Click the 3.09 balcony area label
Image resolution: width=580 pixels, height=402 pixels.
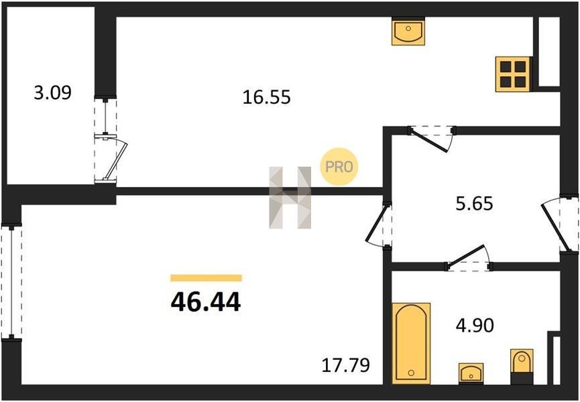(52, 92)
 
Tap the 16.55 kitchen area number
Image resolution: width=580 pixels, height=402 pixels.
(267, 98)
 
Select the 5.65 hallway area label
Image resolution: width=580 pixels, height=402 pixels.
(474, 203)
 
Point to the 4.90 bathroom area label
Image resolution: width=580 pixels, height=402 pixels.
(475, 326)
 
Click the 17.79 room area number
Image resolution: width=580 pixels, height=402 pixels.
(346, 365)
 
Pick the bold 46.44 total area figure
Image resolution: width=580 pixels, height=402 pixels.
(206, 301)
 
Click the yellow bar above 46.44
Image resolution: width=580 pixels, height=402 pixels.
(206, 278)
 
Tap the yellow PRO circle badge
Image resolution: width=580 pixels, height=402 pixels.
(339, 167)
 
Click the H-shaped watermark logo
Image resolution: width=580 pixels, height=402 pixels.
(290, 197)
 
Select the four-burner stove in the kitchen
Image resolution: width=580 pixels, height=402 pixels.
(514, 74)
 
